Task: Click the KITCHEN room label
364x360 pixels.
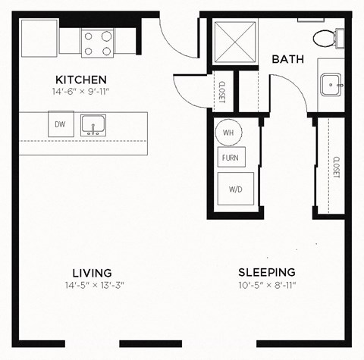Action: (x=81, y=80)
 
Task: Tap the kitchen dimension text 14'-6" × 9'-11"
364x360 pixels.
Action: (x=81, y=92)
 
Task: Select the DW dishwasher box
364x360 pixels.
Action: (x=60, y=124)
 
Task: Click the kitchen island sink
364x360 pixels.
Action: (x=93, y=124)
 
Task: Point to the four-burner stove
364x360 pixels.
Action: (x=98, y=42)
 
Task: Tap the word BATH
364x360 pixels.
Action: (x=289, y=59)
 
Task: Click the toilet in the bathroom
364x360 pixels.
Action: (x=327, y=36)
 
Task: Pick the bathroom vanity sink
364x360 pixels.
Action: (x=331, y=85)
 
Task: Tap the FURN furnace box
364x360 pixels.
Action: (x=230, y=158)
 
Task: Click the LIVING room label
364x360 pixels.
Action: (x=92, y=273)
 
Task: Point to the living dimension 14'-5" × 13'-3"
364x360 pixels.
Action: (x=92, y=286)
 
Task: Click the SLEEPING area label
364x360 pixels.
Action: (x=267, y=273)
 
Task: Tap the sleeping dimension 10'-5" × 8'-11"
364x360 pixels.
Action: (x=267, y=286)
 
